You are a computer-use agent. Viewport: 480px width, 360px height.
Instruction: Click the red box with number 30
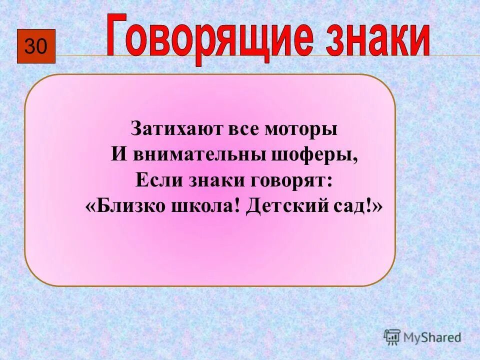36,46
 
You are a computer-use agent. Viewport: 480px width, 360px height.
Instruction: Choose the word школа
203,206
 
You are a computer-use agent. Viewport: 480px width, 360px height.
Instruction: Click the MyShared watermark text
432,337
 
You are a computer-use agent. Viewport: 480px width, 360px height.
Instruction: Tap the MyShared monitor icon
392,337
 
